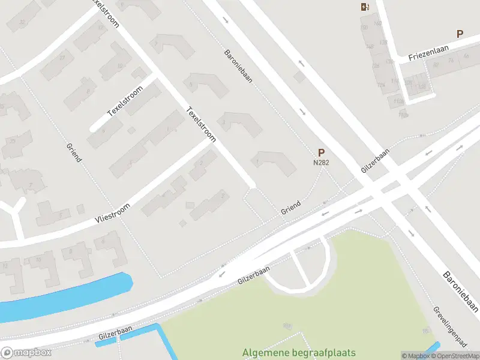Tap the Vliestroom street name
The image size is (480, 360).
coord(112,211)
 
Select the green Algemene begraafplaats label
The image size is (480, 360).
coord(299,353)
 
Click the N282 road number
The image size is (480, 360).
coord(321,162)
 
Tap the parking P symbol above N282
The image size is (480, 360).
coord(321,153)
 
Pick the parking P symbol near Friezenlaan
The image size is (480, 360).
coord(460,34)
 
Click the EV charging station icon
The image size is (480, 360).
coord(364,7)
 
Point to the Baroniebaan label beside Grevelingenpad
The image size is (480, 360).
coord(461,292)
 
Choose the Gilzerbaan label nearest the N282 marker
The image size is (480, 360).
coord(375,161)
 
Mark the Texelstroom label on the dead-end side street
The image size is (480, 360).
coord(124,102)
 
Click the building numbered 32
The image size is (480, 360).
coord(23,23)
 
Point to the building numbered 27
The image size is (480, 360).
coord(62,58)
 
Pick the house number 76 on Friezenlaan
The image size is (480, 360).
coord(466,56)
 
